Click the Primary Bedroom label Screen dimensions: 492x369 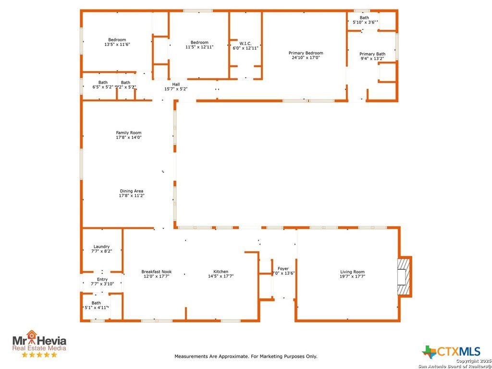coord(306,53)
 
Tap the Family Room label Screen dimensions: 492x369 coord(129,133)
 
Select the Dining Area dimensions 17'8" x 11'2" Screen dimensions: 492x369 coord(132,196)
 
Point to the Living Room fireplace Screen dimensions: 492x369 coord(404,276)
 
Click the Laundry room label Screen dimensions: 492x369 coord(101,246)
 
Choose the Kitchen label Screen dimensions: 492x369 coord(221,271)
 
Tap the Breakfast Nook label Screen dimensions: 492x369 coord(156,271)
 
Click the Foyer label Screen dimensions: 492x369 coord(283,269)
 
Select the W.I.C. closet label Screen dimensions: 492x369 coord(246,43)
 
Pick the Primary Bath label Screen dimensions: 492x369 coord(372,54)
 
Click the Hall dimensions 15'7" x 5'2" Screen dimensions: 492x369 coord(176,89)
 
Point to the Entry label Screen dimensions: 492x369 coord(102,279)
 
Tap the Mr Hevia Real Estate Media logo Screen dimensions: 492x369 coord(39,343)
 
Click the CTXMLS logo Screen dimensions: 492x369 coord(451,351)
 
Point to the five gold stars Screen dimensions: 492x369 coord(39,355)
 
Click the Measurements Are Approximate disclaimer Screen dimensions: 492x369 coord(246,357)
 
